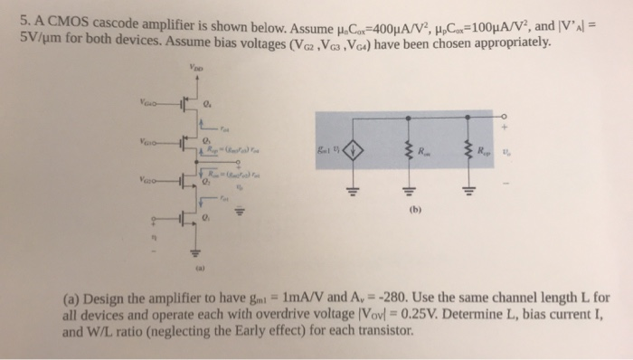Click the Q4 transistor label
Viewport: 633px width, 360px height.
pyautogui.click(x=210, y=101)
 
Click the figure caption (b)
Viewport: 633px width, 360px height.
pyautogui.click(x=412, y=214)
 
